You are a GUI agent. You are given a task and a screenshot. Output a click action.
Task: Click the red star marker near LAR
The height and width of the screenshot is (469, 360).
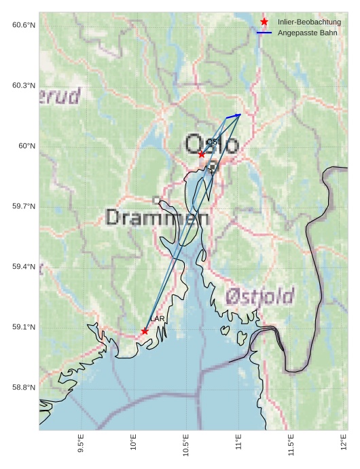[145, 331]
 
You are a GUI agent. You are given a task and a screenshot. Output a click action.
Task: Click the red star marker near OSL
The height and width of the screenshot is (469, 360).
[202, 154]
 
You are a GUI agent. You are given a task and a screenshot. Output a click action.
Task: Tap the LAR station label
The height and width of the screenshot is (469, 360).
[157, 319]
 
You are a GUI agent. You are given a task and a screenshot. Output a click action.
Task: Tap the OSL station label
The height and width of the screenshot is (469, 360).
[213, 142]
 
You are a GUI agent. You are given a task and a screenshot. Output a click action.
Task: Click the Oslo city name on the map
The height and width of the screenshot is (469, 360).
[212, 145]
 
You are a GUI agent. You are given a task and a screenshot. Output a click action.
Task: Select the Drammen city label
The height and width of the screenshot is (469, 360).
[158, 218]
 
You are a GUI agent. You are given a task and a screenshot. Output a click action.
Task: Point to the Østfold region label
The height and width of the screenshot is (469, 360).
[259, 297]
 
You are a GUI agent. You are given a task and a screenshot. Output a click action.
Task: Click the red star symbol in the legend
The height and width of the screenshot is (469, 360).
[264, 22]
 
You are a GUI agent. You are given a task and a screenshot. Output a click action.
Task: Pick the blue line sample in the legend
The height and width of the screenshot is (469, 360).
[264, 33]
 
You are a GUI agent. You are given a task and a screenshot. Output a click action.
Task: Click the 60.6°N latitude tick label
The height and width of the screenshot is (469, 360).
[24, 25]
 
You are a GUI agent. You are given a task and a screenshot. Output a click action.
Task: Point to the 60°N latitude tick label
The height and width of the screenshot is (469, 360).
[26, 146]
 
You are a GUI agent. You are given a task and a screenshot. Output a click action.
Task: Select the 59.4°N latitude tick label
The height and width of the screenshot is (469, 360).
[24, 267]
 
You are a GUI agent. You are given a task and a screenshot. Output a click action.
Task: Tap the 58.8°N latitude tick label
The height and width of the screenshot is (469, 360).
[24, 388]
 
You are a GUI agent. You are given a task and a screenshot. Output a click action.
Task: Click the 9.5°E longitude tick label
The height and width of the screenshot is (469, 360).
[81, 445]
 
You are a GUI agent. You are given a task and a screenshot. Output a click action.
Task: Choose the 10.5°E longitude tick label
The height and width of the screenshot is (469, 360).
[186, 446]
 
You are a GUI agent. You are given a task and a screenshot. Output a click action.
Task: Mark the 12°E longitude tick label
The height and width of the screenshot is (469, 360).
[344, 445]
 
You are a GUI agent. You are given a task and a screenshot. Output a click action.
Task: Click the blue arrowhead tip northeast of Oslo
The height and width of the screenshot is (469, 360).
[240, 115]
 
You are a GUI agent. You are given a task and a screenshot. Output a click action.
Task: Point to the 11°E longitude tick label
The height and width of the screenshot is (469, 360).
[238, 445]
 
